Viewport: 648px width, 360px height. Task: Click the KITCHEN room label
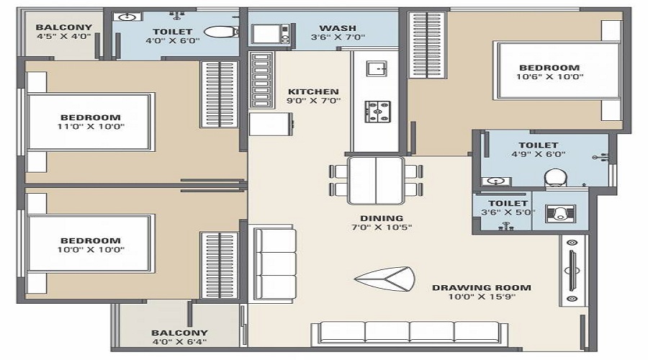coord(313,91)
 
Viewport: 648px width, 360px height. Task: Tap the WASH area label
coord(338,28)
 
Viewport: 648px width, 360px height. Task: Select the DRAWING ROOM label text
coord(482,288)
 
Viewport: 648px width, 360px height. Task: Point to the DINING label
coord(382,218)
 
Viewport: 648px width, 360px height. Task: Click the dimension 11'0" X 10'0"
coord(91,127)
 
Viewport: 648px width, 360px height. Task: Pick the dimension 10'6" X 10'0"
coord(549,76)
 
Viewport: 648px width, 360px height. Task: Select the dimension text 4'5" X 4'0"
coord(63,36)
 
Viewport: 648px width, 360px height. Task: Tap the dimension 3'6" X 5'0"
coord(508,212)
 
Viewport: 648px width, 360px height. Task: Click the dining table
coord(376,180)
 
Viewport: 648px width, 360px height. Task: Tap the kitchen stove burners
coord(377,111)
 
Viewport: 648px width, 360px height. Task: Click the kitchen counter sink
coord(377,68)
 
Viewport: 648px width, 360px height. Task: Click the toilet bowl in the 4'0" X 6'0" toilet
coord(221,32)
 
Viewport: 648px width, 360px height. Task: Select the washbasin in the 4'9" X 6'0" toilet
coord(495,181)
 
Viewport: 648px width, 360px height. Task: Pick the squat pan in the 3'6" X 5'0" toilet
coord(559,213)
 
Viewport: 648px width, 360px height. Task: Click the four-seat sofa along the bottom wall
coord(409,333)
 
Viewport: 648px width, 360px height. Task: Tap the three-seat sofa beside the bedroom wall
coord(274,263)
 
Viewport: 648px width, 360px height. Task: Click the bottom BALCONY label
coord(179,333)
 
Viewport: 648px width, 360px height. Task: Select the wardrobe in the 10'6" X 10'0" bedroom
coord(427,45)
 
